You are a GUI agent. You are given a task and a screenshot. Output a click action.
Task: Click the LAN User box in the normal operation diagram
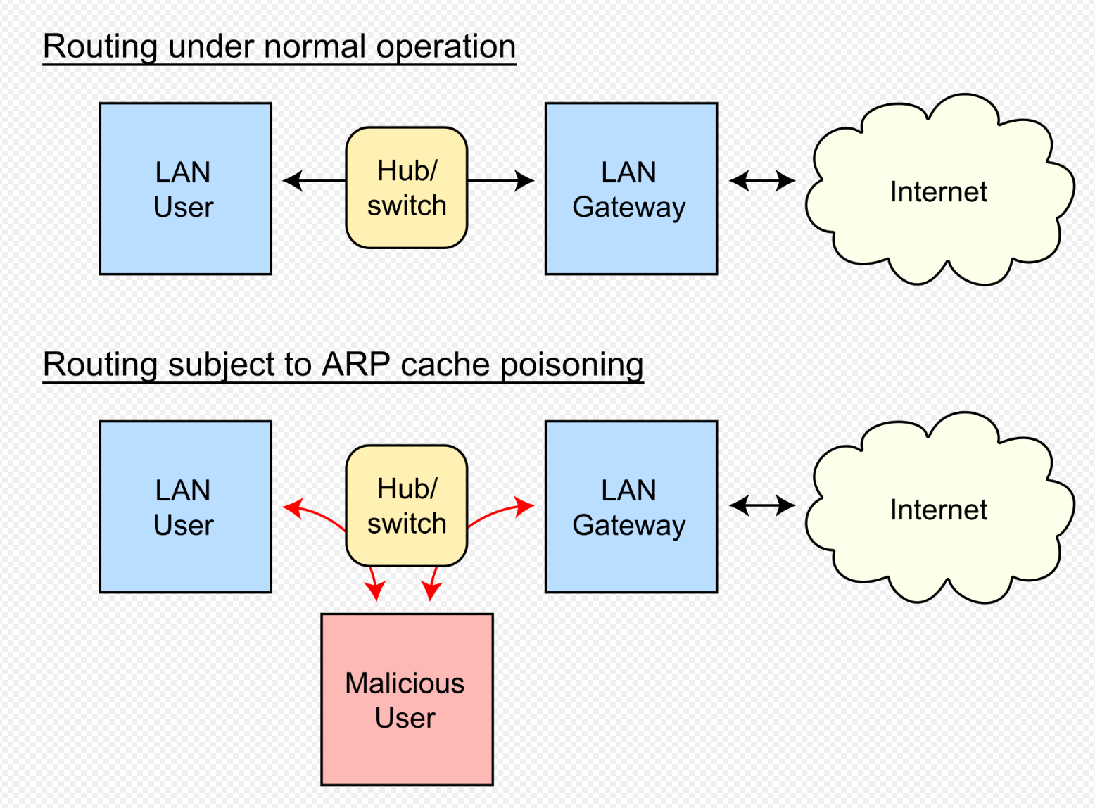coord(185,189)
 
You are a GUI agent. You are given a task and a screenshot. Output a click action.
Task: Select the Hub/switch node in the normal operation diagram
coord(407,188)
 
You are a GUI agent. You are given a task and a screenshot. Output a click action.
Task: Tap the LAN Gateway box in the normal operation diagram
coord(631,189)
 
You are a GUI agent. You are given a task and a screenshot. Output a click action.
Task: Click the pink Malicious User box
coord(407,700)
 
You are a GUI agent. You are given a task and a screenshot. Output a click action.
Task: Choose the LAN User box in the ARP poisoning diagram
coord(185,507)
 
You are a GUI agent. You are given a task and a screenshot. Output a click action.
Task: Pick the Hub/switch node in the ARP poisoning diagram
coord(407,506)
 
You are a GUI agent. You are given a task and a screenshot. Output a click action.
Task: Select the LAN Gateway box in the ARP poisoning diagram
coord(631,507)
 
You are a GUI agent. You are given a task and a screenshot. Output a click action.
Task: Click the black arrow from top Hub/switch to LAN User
coord(314,181)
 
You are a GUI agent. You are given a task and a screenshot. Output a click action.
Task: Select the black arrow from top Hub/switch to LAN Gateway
coord(500,181)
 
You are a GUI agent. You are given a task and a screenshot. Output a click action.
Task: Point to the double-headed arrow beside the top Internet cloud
coord(761,181)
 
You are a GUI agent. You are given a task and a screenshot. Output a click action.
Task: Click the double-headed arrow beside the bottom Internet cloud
coord(761,505)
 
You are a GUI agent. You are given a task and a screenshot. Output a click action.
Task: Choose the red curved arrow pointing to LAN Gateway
coord(499,512)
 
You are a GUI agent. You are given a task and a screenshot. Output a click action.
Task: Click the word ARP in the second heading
coord(355,365)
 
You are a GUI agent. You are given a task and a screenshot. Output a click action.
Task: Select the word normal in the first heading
coord(315,46)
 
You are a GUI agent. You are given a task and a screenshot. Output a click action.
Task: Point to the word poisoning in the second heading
coord(571,365)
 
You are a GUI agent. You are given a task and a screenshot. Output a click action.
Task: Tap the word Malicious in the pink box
coord(405,683)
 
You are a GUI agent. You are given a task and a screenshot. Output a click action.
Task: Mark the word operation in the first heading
coord(445,47)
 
